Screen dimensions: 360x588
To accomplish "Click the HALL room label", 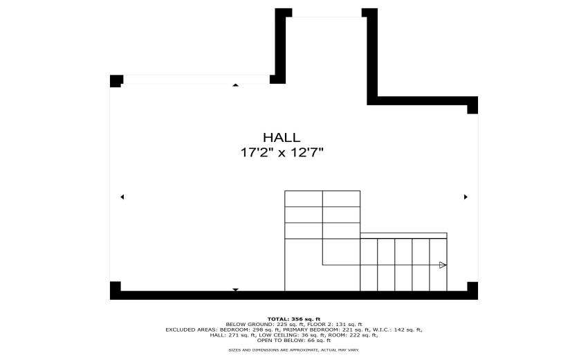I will (x=281, y=138).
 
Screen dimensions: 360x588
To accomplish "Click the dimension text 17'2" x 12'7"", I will (x=281, y=153).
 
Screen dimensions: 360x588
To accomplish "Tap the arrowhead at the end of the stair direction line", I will (x=443, y=265).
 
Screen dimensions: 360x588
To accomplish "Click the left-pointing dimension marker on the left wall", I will (x=122, y=197).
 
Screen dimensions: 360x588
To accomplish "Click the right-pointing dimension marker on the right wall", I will (x=466, y=197).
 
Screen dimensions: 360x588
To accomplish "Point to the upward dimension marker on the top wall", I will (x=235, y=85).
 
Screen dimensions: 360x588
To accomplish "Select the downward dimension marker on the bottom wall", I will (x=235, y=289).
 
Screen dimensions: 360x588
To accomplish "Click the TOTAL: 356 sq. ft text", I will (x=294, y=318).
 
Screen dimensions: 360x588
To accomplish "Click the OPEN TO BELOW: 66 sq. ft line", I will (x=294, y=340).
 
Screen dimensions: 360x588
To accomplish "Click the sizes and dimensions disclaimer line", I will (x=294, y=350).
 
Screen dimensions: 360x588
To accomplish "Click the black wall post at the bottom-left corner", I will (x=116, y=288).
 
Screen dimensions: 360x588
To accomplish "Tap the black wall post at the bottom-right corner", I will (x=472, y=288).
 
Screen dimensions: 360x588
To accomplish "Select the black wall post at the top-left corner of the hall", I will (x=116, y=80).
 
